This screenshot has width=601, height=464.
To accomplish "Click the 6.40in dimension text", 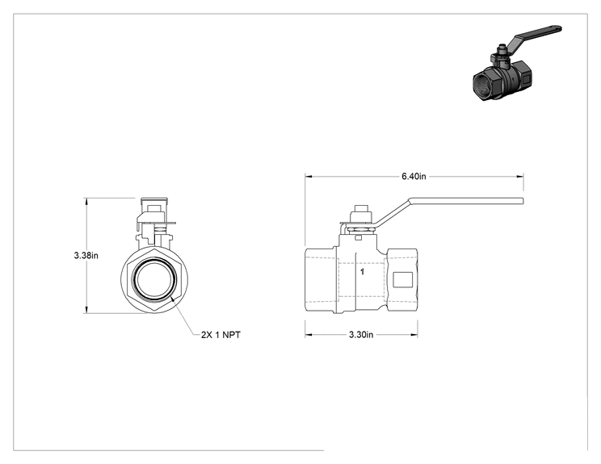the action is click(414, 177).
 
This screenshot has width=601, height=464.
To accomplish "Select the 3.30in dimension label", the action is click(360, 335).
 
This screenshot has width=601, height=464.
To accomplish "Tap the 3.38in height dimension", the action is click(86, 255).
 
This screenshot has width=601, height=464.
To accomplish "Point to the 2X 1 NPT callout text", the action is click(221, 335).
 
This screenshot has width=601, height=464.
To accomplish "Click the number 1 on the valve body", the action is click(362, 272).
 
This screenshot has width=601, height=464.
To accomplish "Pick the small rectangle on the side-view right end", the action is click(402, 279).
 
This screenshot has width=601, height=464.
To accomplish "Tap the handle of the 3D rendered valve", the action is click(536, 36).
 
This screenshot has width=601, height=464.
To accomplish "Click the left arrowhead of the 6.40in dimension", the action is click(309, 177).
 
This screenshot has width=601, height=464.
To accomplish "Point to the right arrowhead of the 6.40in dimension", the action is click(520, 177).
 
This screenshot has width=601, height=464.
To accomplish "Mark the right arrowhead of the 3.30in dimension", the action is click(414, 335).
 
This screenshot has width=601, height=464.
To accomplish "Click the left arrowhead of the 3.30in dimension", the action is click(309, 335).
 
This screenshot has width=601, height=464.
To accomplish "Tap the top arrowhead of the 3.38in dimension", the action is click(86, 202).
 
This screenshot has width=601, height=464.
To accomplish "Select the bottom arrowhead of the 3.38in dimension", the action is click(86, 309).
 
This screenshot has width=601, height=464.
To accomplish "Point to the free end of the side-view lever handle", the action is click(523, 202).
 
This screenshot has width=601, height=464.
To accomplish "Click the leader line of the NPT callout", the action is click(183, 316).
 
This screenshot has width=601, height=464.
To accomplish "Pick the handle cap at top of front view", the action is click(154, 201).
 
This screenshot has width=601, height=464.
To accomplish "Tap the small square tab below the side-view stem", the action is click(358, 238).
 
